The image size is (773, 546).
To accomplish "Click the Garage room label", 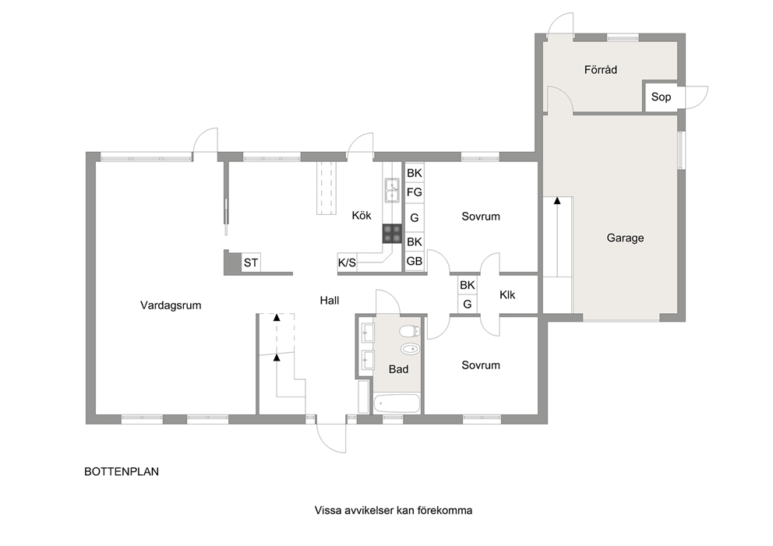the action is pos(625,238).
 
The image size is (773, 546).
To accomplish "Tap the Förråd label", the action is pos(601,69).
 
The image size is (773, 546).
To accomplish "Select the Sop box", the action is pos(661,97).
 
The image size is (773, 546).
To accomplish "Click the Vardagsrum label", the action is pos(171,305).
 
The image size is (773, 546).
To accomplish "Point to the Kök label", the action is pos(362,215).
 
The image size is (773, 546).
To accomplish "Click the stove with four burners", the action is pos(393,234).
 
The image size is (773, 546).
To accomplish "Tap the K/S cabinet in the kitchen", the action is pos(347,262).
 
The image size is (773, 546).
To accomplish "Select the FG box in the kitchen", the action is pos(414,192).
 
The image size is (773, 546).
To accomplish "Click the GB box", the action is pos(414,261).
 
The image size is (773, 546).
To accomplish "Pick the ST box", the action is pos(251,262).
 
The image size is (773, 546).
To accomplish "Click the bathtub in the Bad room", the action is pos(397,403).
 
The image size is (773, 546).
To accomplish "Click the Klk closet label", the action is pos(507,294).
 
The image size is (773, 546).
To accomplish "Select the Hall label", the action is pos(330,301).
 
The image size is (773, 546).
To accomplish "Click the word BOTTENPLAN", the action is pos(122,471).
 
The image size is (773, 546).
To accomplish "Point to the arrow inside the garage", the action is pos(557,237).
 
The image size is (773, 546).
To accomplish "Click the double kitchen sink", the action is pos(393,190).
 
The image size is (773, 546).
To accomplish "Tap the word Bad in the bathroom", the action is pos(398,369).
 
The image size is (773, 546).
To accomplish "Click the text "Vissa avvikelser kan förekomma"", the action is pos(394,510).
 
